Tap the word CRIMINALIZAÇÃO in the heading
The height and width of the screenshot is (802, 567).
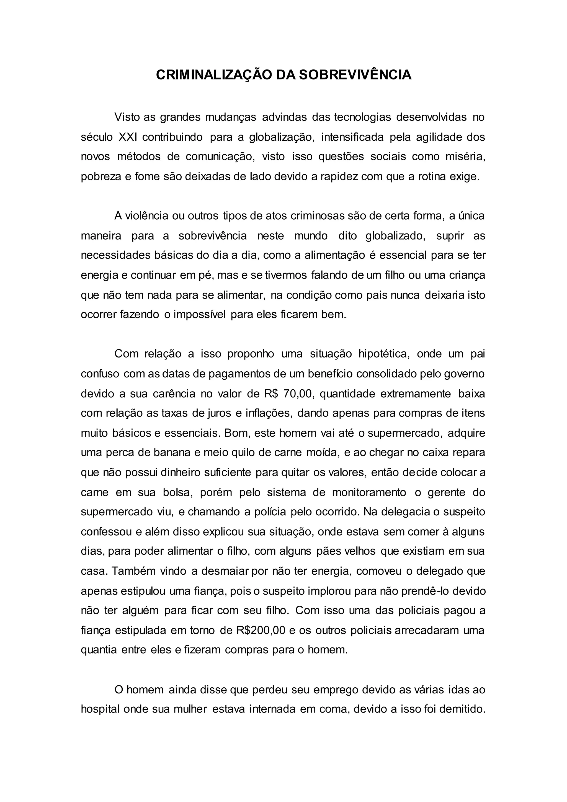tap(214, 75)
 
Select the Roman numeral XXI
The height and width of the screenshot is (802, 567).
tap(128, 137)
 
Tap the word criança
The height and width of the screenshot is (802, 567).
tap(468, 275)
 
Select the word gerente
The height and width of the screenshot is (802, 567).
tap(446, 492)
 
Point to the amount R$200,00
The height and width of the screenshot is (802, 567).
tap(261, 631)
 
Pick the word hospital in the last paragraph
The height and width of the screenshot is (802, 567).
tap(100, 709)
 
